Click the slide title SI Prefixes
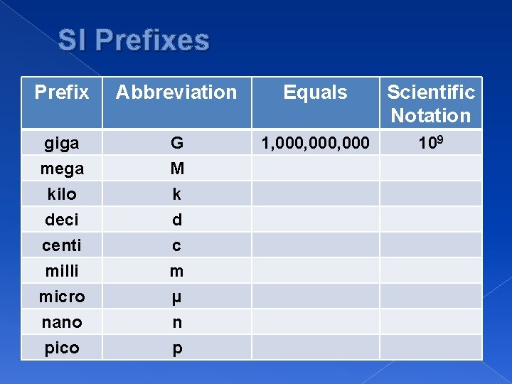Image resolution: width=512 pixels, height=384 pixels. tap(134, 40)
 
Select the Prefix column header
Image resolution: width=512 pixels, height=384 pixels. tap(62, 92)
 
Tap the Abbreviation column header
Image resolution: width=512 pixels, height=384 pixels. tap(176, 92)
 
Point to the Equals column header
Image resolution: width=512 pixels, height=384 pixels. tap(315, 92)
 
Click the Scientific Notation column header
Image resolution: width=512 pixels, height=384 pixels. tap(431, 103)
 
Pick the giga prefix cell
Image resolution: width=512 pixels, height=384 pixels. tap(62, 144)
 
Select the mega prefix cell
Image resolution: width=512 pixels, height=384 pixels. tap(62, 169)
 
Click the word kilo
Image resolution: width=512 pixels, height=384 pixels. tap(62, 194)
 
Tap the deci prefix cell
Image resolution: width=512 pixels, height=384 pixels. tap(62, 220)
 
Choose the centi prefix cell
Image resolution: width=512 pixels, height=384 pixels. tap(62, 245)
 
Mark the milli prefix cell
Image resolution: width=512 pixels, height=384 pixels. tap(62, 271)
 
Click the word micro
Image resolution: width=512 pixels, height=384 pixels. tap(62, 297)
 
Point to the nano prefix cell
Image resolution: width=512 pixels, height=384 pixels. tap(62, 322)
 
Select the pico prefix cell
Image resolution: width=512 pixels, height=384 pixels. tap(62, 348)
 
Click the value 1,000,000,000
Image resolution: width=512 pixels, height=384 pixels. tap(315, 144)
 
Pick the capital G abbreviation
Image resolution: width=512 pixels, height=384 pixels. tap(177, 144)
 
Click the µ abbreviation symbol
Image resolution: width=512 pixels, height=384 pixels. tap(177, 297)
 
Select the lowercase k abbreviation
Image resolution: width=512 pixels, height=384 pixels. tap(177, 194)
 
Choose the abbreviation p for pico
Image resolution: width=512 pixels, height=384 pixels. tap(177, 348)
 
